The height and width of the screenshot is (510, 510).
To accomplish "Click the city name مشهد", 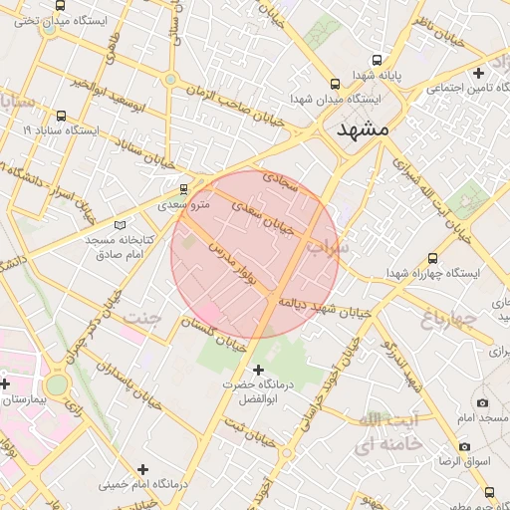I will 363,129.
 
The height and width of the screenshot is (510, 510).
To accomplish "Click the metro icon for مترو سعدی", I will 183,188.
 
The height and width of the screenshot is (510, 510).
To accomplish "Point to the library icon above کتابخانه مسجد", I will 122,226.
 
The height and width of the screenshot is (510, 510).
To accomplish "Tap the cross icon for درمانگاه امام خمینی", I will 143,469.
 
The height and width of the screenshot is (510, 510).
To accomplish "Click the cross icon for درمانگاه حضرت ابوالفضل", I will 259,370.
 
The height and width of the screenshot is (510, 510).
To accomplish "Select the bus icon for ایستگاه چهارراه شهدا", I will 431,257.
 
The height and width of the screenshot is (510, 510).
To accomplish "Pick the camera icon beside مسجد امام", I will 483,403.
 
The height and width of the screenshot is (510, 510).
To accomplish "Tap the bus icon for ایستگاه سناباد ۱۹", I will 62,116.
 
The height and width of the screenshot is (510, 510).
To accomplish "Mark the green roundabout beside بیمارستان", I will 57,384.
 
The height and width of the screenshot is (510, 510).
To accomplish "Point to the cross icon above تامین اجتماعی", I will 479,73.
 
